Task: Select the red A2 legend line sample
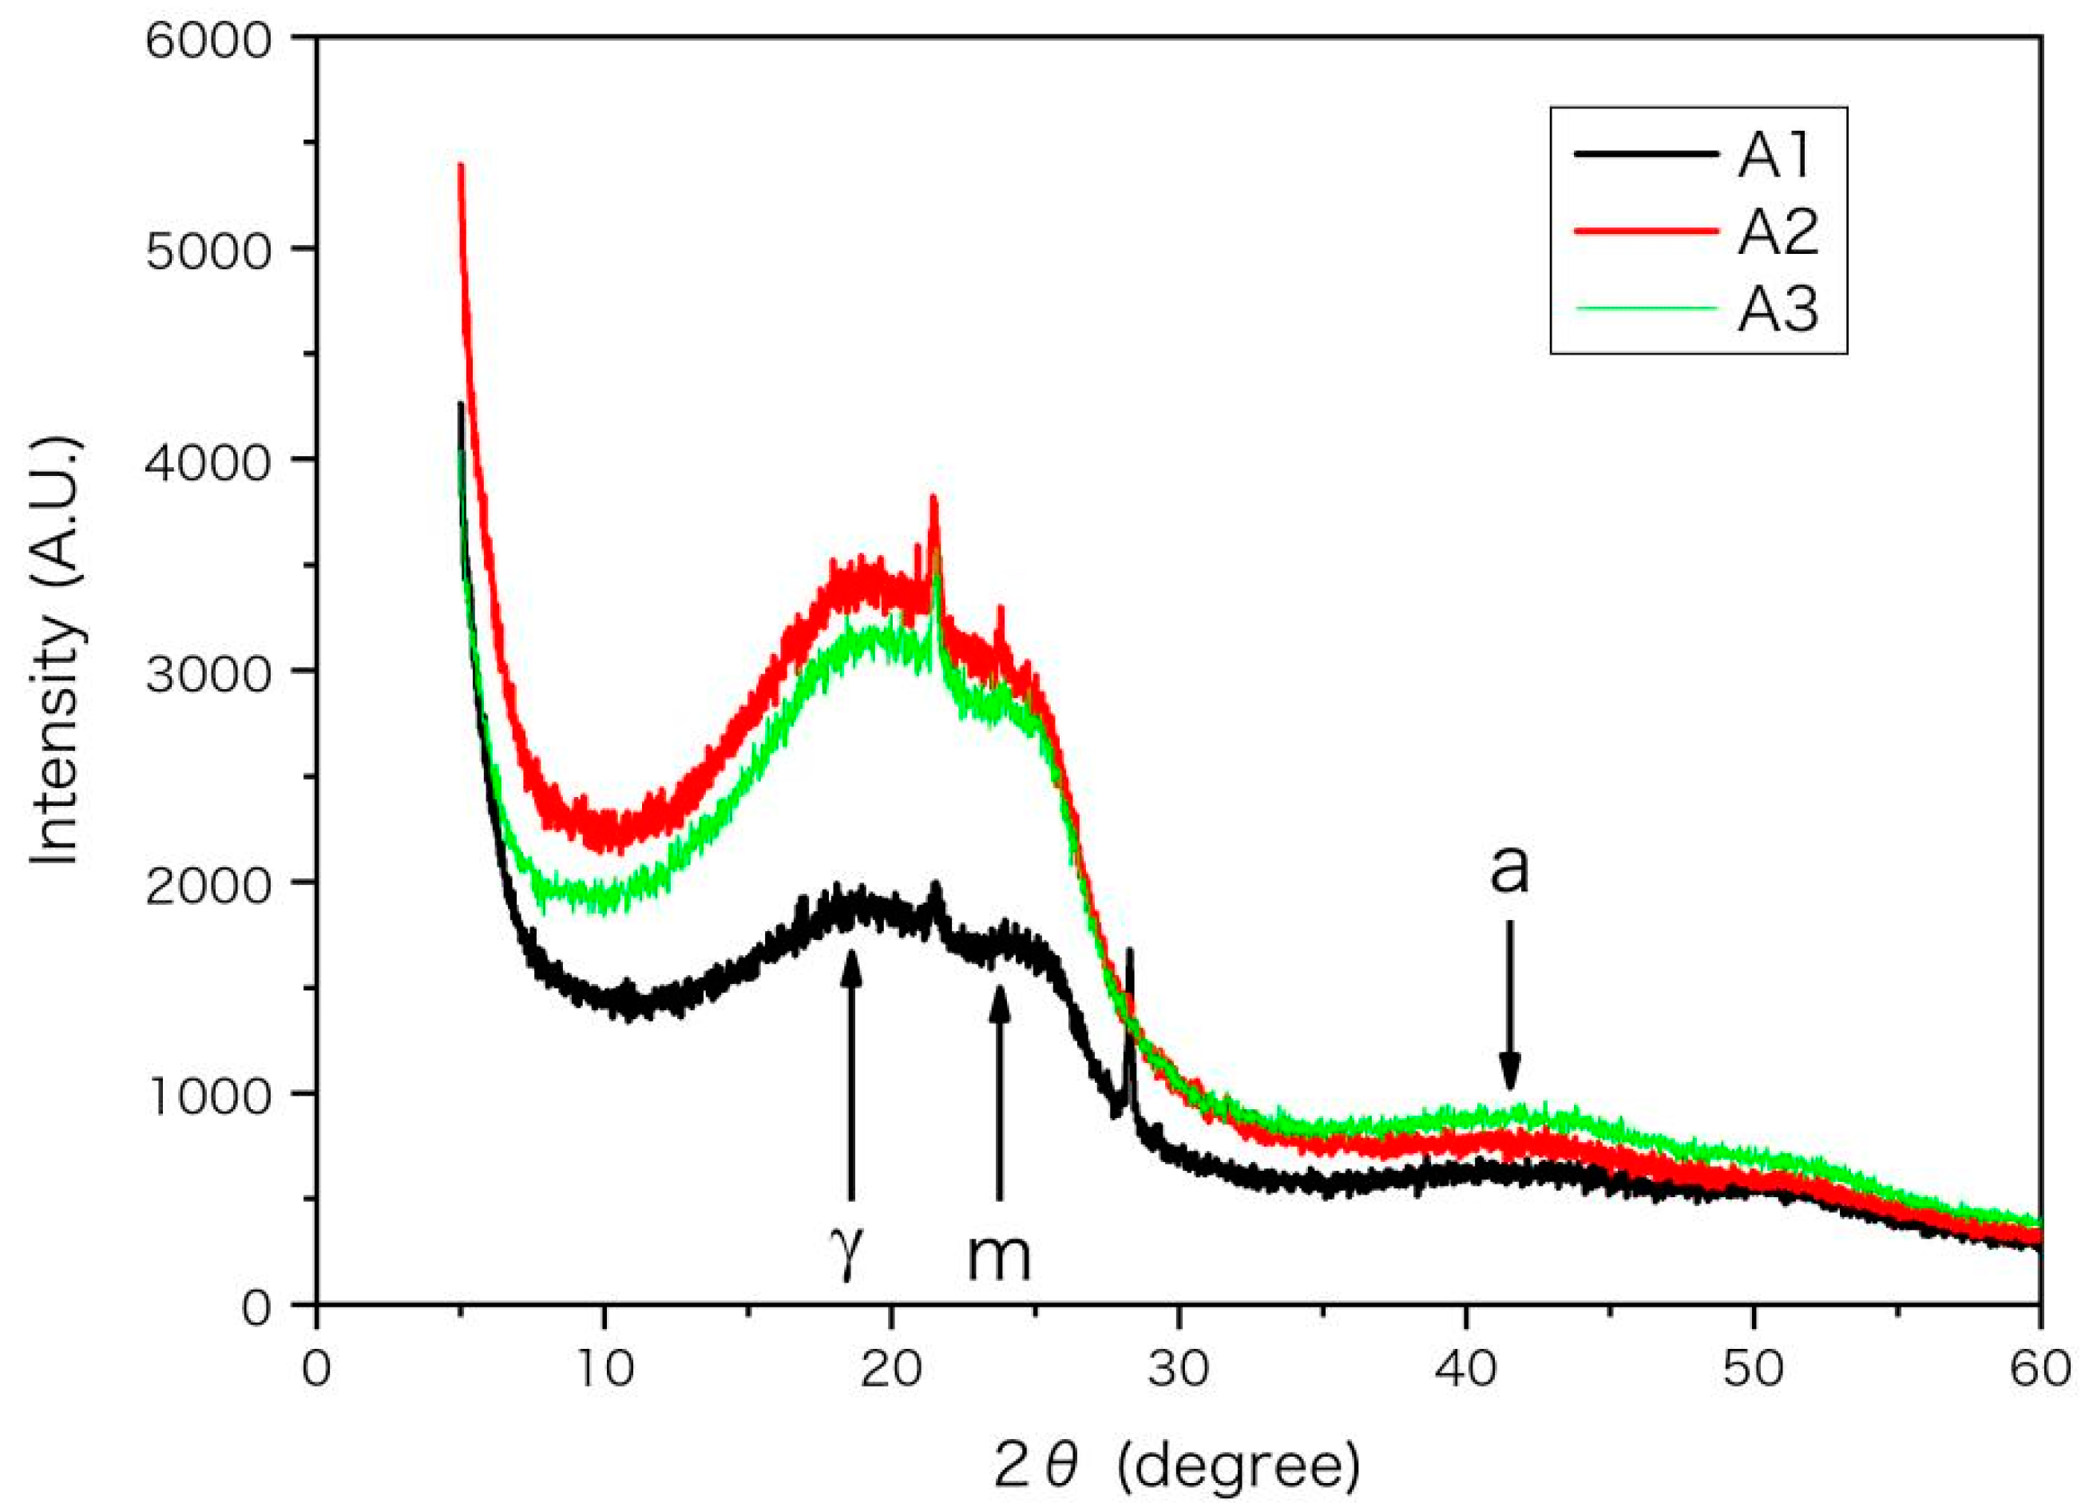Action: (1647, 231)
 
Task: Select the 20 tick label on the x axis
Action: (890, 1370)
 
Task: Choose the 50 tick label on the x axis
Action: (1753, 1370)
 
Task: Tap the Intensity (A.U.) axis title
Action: (57, 653)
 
